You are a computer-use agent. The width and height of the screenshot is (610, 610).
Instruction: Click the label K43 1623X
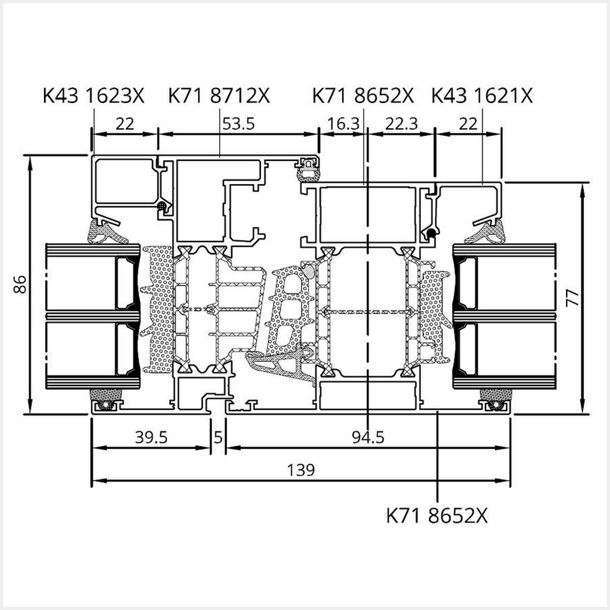[x=93, y=96]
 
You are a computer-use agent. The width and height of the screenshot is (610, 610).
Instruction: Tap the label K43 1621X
[x=482, y=96]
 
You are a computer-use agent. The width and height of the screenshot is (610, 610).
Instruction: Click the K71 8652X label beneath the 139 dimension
[x=437, y=515]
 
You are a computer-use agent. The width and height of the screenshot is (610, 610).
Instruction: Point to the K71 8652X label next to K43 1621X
[x=363, y=96]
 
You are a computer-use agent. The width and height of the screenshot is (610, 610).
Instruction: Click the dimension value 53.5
[x=238, y=124]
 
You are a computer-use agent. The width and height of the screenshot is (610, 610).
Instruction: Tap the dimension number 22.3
[x=401, y=124]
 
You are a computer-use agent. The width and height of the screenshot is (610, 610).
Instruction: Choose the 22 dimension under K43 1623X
[x=124, y=124]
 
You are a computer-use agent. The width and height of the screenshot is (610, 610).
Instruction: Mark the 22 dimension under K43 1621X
[x=468, y=124]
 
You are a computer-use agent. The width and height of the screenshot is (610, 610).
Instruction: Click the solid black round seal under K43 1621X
[x=431, y=232]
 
